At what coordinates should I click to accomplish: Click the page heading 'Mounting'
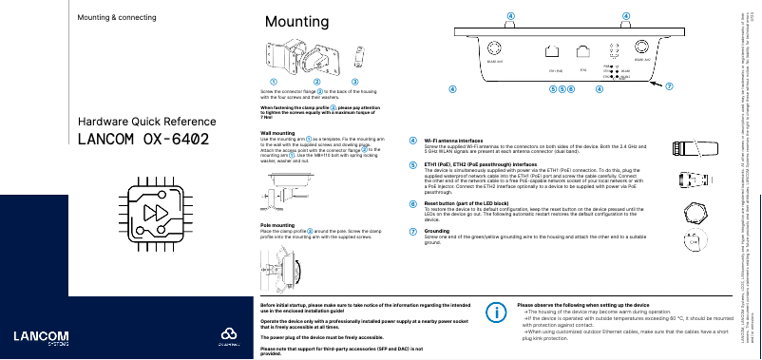[292, 22]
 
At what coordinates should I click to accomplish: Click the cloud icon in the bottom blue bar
[226, 337]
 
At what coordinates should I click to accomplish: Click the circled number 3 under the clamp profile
[354, 83]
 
